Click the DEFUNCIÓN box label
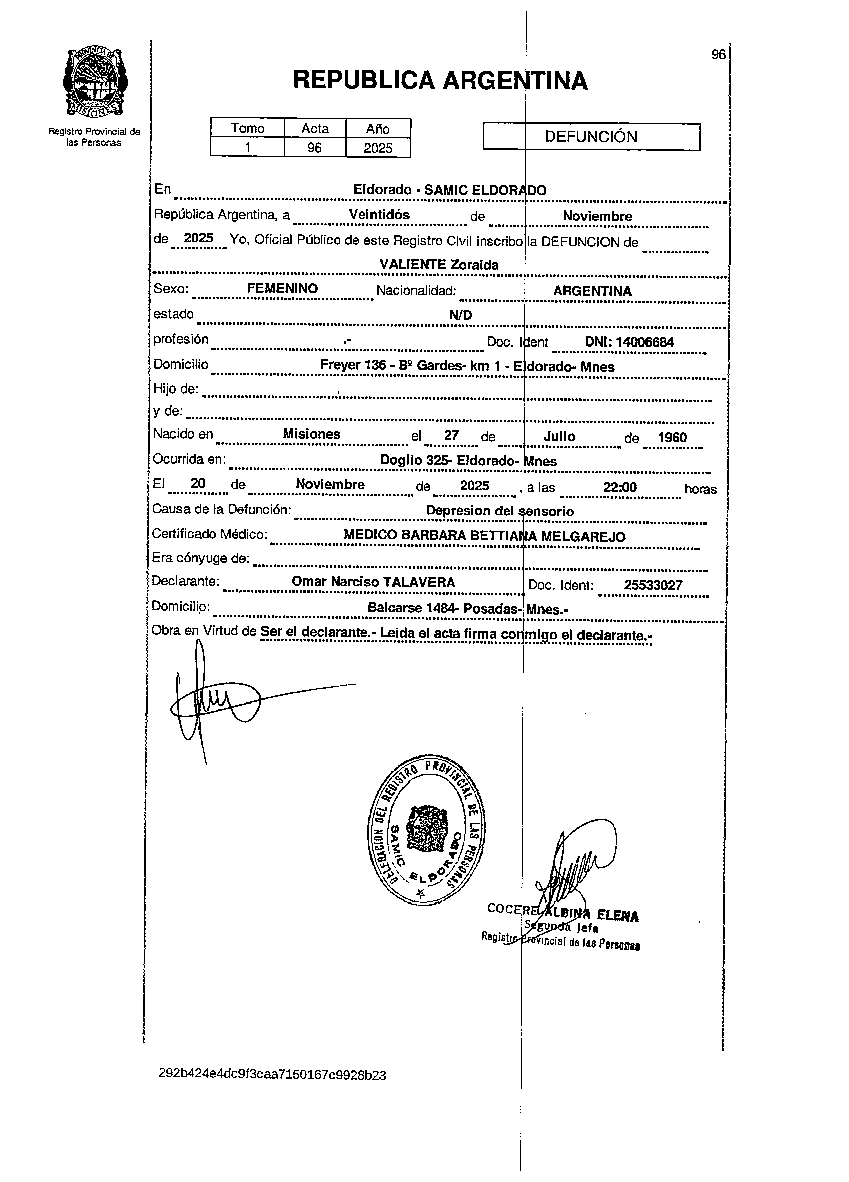click(591, 137)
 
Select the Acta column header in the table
click(315, 128)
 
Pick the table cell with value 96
click(315, 148)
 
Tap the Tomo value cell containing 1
click(247, 148)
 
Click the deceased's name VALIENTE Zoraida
click(439, 265)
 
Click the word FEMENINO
click(282, 289)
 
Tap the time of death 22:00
click(619, 487)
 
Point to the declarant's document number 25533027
click(653, 585)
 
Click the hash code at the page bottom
click(272, 1075)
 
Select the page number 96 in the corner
click(718, 55)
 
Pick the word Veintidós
click(379, 215)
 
